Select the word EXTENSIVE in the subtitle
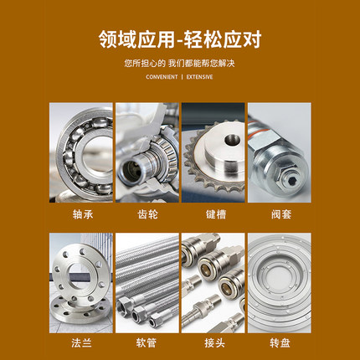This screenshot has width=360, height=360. [199, 77]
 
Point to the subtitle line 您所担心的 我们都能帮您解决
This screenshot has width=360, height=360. [180, 63]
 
